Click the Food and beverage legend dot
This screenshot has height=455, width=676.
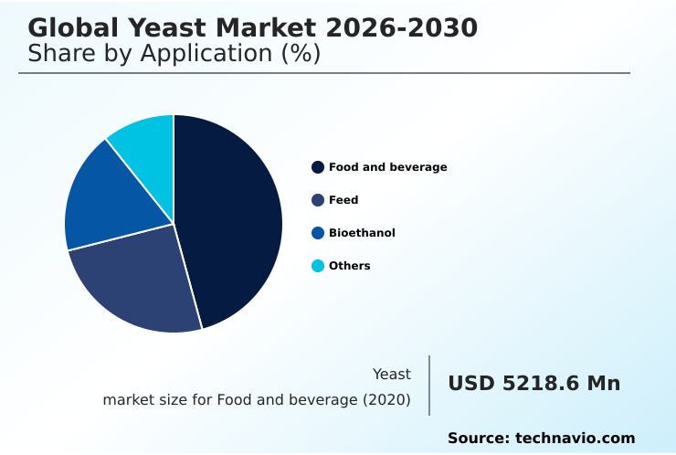(318, 167)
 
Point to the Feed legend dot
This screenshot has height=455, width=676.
(318, 200)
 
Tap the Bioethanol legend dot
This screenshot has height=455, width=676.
(318, 233)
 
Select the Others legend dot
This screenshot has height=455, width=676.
(318, 266)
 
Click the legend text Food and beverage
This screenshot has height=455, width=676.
(387, 167)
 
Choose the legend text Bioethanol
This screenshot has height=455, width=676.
(362, 233)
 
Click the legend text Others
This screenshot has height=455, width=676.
(349, 266)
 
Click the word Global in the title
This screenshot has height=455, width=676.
(68, 28)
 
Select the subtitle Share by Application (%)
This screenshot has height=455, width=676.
(174, 54)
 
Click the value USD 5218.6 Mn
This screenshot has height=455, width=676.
(533, 384)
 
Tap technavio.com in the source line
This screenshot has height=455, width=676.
(575, 439)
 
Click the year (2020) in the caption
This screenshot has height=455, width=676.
(386, 400)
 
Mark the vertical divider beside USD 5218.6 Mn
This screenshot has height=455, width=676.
(429, 386)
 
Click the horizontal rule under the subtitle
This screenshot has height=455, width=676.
(324, 73)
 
